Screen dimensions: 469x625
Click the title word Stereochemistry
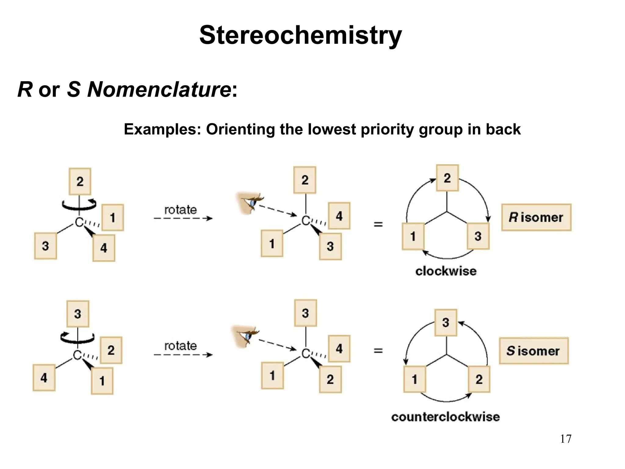[x=300, y=35]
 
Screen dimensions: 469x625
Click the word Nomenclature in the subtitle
[x=159, y=89]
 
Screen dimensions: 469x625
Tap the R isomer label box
[x=536, y=217]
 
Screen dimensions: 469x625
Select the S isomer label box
[x=534, y=351]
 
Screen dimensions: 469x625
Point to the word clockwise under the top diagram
[x=446, y=271]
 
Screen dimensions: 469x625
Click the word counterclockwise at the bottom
[x=446, y=417]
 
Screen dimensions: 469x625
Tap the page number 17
[x=565, y=439]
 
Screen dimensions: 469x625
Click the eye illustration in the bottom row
[x=246, y=336]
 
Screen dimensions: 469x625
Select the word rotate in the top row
[x=180, y=210]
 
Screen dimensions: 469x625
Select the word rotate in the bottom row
[x=180, y=346]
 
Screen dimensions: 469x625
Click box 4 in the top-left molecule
[x=104, y=248]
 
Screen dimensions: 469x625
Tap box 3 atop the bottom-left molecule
[x=78, y=314]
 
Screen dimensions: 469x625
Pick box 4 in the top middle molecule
[x=339, y=216]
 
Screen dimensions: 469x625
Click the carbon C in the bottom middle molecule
[x=305, y=354]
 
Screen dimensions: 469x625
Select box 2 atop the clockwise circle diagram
[x=447, y=178]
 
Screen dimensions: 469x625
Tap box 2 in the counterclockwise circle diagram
[x=479, y=379]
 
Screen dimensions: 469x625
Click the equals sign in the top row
[x=378, y=224]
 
